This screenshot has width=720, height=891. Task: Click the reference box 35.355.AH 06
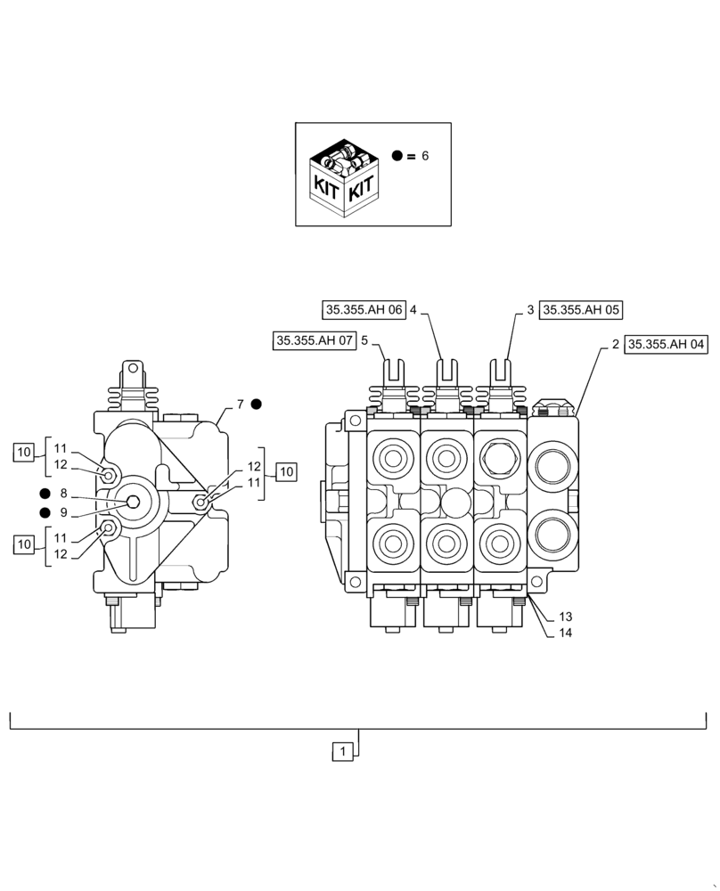364,310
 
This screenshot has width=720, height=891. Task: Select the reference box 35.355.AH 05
581,310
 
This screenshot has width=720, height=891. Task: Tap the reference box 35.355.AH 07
315,339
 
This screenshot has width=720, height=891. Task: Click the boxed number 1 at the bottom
345,752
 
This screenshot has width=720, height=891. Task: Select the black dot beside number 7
256,404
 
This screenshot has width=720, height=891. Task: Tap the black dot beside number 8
44,494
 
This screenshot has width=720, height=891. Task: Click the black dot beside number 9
44,512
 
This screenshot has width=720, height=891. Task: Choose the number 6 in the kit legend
425,156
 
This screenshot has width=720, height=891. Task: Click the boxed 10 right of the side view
286,472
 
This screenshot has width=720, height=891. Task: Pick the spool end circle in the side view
133,503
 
